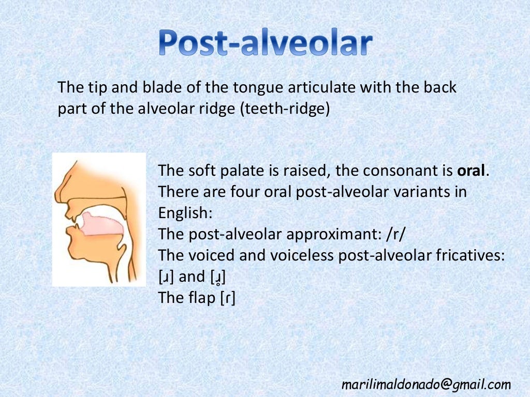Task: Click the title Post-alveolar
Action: pyautogui.click(x=265, y=43)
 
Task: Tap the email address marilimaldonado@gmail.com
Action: pyautogui.click(x=426, y=384)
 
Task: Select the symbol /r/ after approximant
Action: pyautogui.click(x=396, y=234)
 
